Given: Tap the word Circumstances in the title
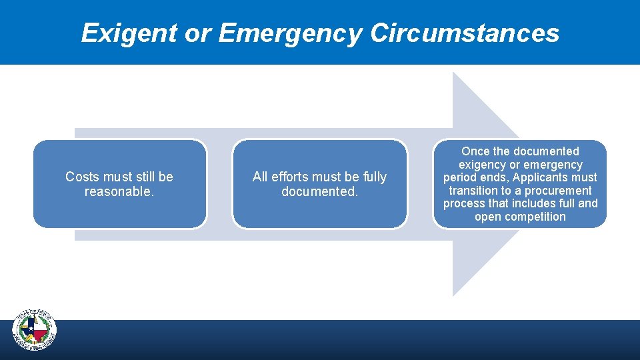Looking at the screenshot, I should pyautogui.click(x=465, y=33).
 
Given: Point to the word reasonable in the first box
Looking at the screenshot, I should pyautogui.click(x=117, y=192).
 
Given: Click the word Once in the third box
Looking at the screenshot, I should pyautogui.click(x=475, y=151).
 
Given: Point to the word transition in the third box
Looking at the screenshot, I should pyautogui.click(x=474, y=191).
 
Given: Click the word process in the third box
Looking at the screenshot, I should pyautogui.click(x=464, y=203).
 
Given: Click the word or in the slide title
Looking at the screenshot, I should pyautogui.click(x=198, y=33).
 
